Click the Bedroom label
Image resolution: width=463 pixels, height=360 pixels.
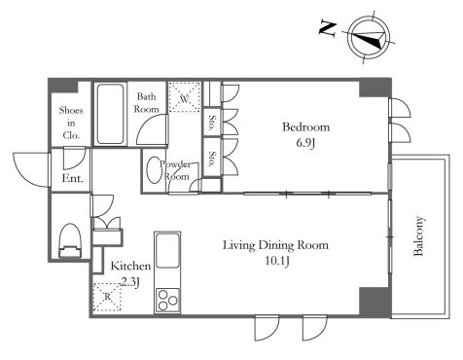click(305, 126)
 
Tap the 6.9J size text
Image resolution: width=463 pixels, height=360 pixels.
click(305, 143)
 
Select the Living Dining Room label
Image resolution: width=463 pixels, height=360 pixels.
click(275, 245)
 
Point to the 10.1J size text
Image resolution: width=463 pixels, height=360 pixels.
click(277, 261)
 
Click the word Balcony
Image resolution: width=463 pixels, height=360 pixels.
click(418, 235)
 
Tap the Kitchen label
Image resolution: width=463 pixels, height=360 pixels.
click(130, 267)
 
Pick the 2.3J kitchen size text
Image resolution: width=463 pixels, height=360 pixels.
click(130, 282)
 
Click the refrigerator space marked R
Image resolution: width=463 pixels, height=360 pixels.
click(107, 297)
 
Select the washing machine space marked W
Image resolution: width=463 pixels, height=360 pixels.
click(185, 97)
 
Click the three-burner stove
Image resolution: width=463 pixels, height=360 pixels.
click(167, 300)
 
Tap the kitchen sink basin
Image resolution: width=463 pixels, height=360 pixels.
click(167, 250)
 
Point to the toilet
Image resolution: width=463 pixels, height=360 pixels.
click(70, 240)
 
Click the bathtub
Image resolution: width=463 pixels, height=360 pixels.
click(110, 114)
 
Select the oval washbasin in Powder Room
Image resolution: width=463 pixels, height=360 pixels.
click(153, 171)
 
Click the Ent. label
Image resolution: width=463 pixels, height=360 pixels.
click(73, 178)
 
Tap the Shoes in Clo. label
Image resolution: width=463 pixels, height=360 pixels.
click(71, 123)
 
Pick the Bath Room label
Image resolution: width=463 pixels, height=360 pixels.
click(147, 102)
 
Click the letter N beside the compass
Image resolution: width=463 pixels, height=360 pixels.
click(328, 28)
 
